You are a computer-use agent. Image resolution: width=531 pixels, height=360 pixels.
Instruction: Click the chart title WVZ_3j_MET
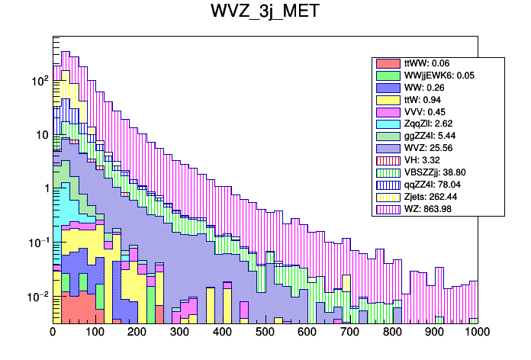tap(265, 13)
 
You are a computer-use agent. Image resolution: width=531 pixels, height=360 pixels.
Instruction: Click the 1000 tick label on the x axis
tap(478, 333)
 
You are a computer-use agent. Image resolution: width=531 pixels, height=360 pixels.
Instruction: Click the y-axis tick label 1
tap(44, 188)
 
